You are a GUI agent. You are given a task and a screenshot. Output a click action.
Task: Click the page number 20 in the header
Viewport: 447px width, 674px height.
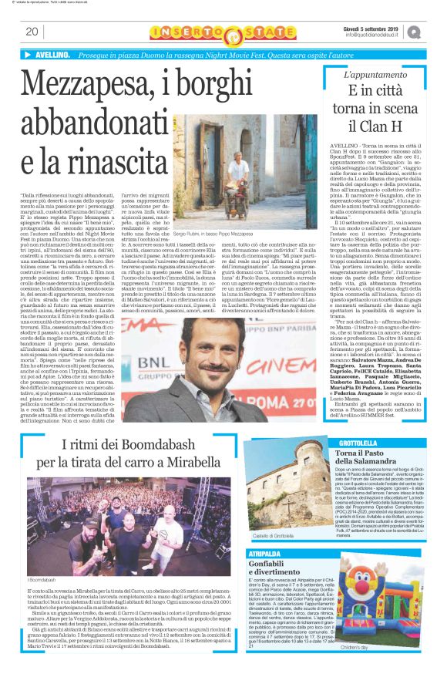point(32,32)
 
